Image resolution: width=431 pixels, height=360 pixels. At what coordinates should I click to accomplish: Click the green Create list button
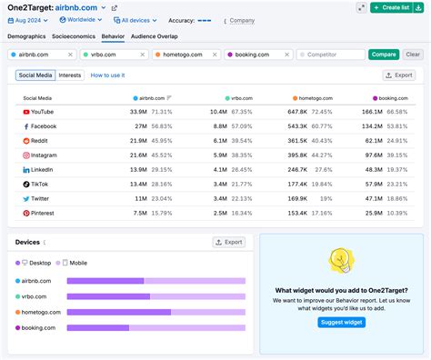coord(401,7)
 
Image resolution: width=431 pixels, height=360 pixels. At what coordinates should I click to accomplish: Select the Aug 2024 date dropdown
coord(27,20)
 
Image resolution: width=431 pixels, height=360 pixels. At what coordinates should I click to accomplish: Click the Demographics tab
coord(27,36)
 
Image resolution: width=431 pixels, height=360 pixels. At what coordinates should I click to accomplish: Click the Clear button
coord(412,55)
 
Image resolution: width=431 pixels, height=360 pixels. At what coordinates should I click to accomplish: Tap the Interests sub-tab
coord(70,75)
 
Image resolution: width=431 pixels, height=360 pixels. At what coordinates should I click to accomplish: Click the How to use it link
coord(107,75)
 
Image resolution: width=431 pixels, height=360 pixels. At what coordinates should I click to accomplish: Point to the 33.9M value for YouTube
coord(138,112)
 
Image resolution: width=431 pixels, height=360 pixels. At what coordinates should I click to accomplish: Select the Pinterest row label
coord(44,213)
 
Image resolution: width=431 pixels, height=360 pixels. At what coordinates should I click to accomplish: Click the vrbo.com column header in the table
coord(240,96)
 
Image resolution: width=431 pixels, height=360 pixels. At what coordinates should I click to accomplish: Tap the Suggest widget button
coord(341,322)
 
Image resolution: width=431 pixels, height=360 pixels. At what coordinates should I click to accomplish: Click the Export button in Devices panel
coord(229,242)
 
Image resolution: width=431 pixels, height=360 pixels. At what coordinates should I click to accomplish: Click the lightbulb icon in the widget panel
coord(341,261)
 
